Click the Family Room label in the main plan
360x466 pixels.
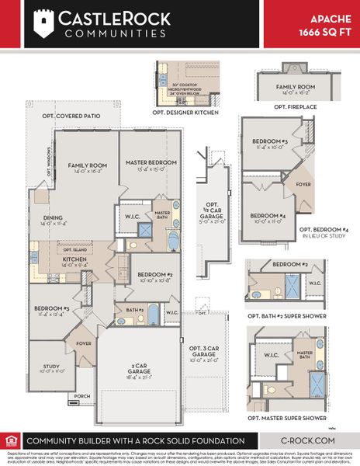87,165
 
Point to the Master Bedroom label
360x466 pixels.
151,162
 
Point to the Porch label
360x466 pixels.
82,395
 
